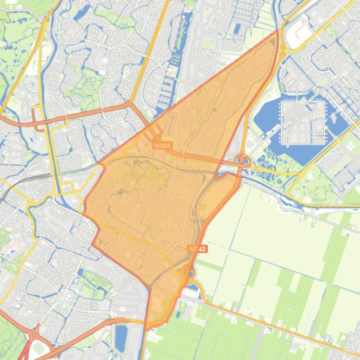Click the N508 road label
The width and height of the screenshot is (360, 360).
pos(162,146)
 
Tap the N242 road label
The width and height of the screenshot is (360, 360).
pos(197,249)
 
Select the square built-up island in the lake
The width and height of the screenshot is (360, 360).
pos(303,122)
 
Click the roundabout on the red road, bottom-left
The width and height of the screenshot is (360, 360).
pos(33,335)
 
